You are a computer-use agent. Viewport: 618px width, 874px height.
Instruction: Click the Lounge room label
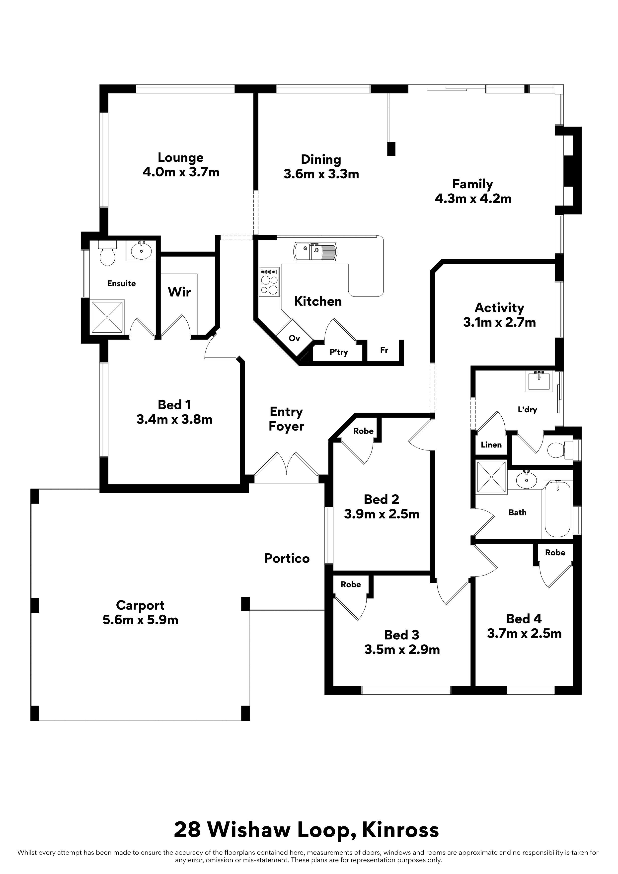pyautogui.click(x=180, y=158)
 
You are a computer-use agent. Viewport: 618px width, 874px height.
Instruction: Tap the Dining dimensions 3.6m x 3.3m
pyautogui.click(x=321, y=174)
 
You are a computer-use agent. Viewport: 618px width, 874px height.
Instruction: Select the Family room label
pyautogui.click(x=472, y=184)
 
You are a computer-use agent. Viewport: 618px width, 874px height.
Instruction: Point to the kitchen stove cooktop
pyautogui.click(x=269, y=282)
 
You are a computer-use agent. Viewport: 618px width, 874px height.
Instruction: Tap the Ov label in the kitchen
pyautogui.click(x=294, y=338)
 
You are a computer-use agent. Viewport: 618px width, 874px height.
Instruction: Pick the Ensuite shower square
pyautogui.click(x=107, y=317)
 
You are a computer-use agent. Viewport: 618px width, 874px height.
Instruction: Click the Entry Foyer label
pyautogui.click(x=286, y=419)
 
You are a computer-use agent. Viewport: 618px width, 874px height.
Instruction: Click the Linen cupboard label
pyautogui.click(x=491, y=445)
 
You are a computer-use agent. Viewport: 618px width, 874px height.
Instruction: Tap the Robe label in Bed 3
pyautogui.click(x=351, y=584)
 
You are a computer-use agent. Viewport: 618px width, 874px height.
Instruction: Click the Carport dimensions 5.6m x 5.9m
pyautogui.click(x=140, y=620)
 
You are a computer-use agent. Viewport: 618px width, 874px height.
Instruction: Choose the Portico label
pyautogui.click(x=287, y=558)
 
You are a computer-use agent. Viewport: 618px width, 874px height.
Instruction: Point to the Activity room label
pyautogui.click(x=499, y=308)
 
